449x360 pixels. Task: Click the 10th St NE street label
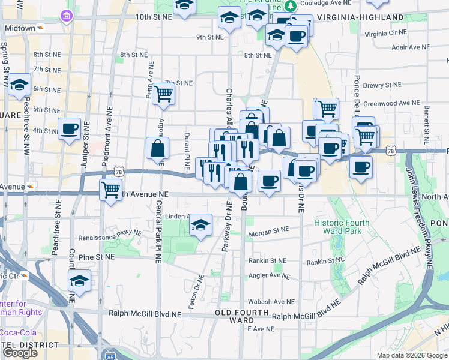(154, 17)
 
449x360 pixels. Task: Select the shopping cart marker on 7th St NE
(163, 94)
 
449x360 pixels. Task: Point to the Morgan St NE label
(269, 230)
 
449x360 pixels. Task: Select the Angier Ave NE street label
(269, 276)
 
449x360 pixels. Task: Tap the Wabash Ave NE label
(271, 302)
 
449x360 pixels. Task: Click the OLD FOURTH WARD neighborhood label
(238, 316)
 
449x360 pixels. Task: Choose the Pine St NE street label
(96, 257)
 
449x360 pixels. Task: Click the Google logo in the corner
(20, 352)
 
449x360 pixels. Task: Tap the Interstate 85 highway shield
(109, 355)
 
